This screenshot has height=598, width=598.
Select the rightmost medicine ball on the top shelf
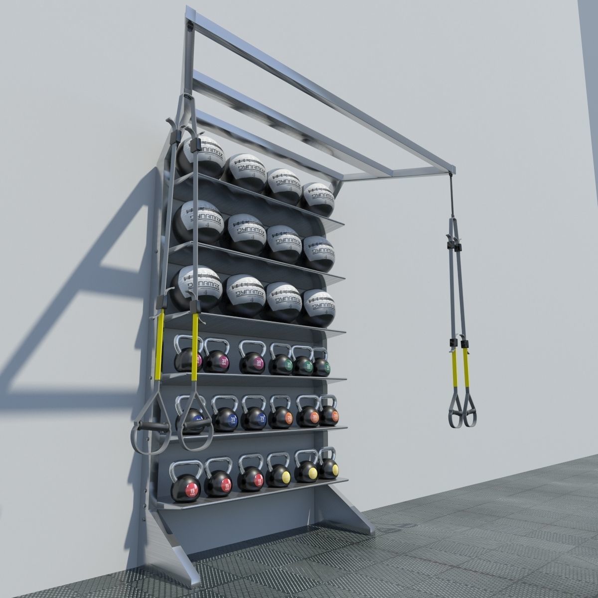(x=317, y=196)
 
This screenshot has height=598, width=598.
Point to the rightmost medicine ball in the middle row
(x=318, y=252)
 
